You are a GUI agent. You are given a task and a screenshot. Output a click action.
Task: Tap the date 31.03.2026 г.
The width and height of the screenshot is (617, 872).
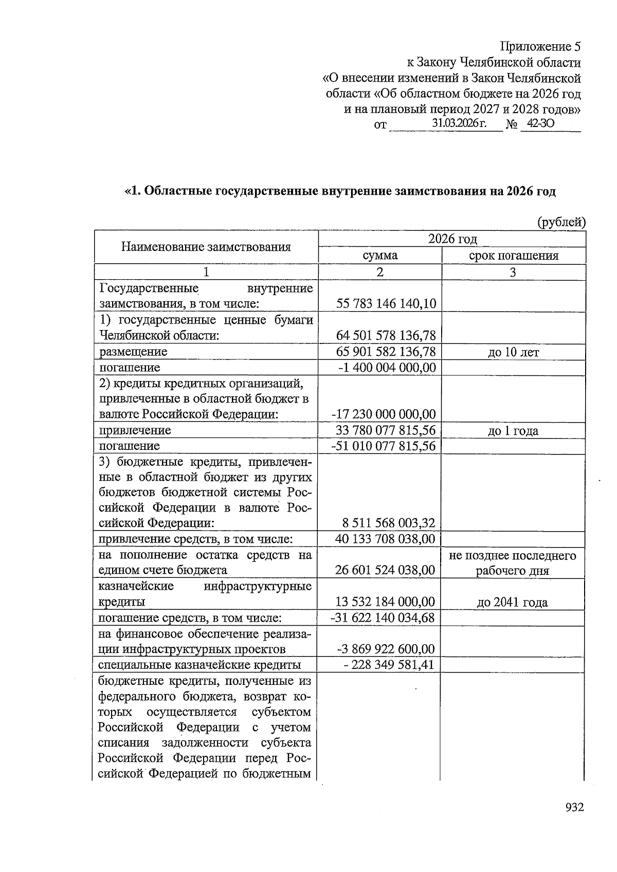point(459,124)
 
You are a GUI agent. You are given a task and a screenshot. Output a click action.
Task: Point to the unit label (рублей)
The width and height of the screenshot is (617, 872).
point(561,222)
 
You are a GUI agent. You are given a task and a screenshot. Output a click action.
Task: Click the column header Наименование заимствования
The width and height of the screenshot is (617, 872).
point(206,247)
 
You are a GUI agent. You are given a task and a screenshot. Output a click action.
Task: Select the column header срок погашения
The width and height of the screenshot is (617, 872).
point(514,256)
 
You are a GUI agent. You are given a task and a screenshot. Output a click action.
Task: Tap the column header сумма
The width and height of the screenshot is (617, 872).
point(379,256)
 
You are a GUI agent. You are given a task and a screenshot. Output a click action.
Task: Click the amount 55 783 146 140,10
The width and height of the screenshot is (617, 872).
point(386,303)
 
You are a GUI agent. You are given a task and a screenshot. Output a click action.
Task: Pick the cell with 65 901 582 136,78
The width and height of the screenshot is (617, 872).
point(386,352)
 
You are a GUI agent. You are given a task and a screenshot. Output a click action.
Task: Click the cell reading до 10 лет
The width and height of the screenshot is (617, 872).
point(513,352)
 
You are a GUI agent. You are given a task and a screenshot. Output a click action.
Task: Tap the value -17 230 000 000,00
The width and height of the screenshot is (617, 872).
point(383,414)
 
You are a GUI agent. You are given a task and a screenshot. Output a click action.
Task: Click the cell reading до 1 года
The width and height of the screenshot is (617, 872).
point(513,430)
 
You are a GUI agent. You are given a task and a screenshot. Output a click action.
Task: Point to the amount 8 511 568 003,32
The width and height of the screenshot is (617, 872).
point(389,523)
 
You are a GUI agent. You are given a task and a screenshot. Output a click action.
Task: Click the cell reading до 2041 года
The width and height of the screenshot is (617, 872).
point(512,602)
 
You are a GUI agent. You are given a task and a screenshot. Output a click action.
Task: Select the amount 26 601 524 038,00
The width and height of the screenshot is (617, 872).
point(385,570)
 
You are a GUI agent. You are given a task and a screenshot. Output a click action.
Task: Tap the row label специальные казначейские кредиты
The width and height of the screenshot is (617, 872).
point(199,665)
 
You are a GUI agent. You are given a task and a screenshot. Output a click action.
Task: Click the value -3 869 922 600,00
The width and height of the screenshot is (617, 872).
point(386,649)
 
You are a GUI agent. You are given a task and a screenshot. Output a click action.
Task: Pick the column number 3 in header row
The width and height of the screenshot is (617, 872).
point(513,272)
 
